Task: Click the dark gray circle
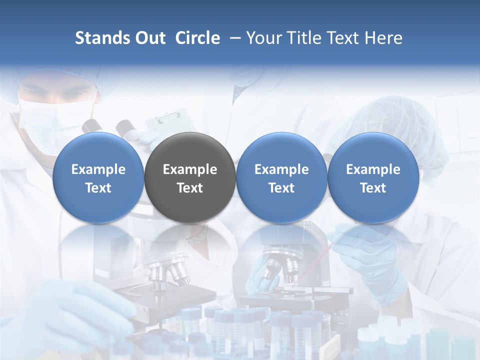click(190, 178)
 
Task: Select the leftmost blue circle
click(98, 178)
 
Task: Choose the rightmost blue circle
click(373, 178)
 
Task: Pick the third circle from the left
click(281, 178)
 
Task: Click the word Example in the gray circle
click(190, 169)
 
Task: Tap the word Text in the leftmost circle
click(98, 188)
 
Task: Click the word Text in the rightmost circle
click(373, 188)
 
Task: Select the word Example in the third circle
click(281, 169)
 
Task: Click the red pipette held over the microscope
click(312, 265)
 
